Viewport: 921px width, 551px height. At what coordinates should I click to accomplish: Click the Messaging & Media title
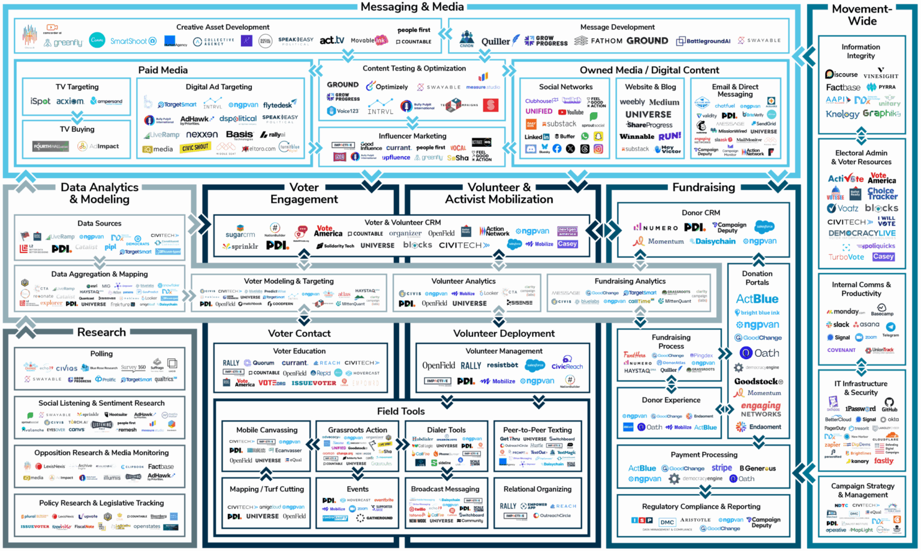[x=412, y=7]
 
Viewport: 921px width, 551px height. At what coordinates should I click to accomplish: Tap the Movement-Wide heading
[x=862, y=15]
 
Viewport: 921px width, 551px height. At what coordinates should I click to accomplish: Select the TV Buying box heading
[x=77, y=129]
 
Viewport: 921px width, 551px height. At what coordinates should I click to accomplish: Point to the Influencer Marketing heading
[x=413, y=136]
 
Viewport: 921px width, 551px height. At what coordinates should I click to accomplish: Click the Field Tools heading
[x=401, y=411]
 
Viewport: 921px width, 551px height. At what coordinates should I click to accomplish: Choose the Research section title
[x=101, y=332]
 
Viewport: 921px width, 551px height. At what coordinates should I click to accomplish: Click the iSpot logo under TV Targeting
[x=40, y=101]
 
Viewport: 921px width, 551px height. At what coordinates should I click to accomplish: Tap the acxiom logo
[x=70, y=101]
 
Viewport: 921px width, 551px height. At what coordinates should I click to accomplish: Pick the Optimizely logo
[x=387, y=87]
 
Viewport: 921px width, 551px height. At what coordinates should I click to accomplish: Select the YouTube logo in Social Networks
[x=571, y=112]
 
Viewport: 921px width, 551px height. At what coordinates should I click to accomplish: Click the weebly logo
[x=632, y=103]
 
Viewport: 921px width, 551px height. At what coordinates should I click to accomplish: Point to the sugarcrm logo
[x=240, y=234]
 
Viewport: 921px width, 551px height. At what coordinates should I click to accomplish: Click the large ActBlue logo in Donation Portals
[x=757, y=299]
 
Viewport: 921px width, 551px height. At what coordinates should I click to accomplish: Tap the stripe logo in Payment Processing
[x=721, y=468]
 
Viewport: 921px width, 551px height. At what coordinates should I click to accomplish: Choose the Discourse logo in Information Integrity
[x=841, y=74]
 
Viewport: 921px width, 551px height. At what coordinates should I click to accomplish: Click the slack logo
[x=838, y=324]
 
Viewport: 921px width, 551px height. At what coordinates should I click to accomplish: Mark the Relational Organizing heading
[x=537, y=489]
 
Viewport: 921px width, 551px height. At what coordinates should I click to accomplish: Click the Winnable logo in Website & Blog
[x=637, y=137]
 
